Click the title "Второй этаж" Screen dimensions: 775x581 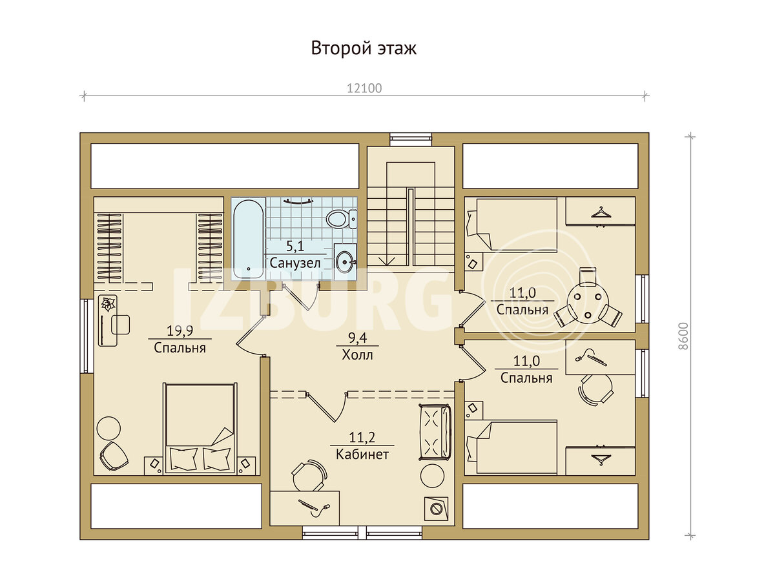364,48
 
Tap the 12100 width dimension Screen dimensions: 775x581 364,88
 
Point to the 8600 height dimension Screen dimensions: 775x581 683,336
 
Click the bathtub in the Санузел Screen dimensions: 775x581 249,238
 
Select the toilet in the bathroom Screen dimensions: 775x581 342,219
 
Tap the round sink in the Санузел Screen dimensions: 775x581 345,261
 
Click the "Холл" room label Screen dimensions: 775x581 357,355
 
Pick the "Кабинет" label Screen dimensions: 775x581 362,454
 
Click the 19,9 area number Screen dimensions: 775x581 180,331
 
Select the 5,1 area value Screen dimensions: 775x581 295,246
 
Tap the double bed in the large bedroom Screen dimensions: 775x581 200,429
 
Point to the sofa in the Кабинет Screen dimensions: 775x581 435,433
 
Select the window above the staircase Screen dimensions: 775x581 411,139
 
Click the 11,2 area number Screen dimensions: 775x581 362,438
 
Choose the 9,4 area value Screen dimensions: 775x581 357,338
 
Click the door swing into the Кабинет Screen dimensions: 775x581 327,407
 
